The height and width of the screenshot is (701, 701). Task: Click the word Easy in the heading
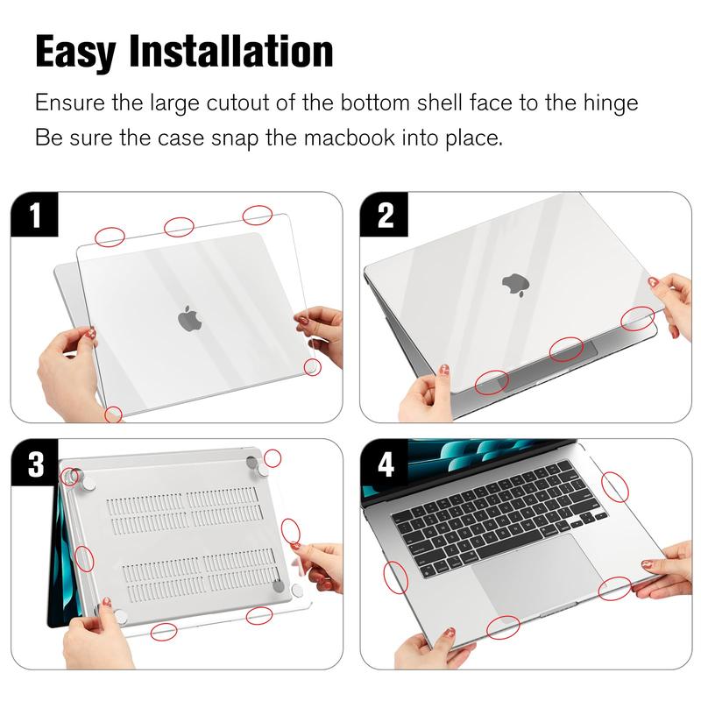[75, 53]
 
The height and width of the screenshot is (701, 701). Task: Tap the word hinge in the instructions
[610, 104]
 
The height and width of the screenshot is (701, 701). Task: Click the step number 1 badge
[34, 215]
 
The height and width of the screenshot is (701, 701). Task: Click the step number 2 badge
[384, 215]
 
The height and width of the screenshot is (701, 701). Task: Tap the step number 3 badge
[34, 463]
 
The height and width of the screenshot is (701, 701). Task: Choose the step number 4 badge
[384, 463]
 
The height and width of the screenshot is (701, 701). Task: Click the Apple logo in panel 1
[189, 318]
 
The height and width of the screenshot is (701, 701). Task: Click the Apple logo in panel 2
[516, 286]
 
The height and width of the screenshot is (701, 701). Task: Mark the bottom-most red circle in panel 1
[113, 414]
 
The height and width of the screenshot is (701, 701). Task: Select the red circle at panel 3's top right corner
[273, 458]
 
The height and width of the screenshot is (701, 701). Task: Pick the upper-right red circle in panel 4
[615, 487]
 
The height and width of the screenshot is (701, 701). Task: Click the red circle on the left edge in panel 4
[396, 577]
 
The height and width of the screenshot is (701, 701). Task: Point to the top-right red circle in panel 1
[258, 215]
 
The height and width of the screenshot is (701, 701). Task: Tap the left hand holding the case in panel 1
[67, 366]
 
